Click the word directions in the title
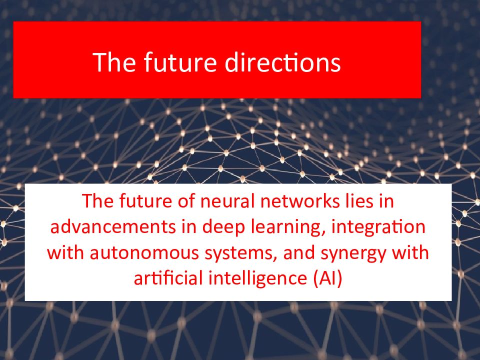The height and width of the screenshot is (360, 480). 282,62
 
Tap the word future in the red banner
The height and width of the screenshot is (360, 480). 180,62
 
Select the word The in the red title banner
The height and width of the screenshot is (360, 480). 114,62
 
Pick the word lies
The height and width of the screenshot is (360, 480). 357,201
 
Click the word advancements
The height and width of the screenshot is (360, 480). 113,227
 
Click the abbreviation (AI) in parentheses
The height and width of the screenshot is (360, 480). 328,279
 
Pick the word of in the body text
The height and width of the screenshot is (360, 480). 186,201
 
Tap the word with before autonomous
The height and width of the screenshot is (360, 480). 65,253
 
